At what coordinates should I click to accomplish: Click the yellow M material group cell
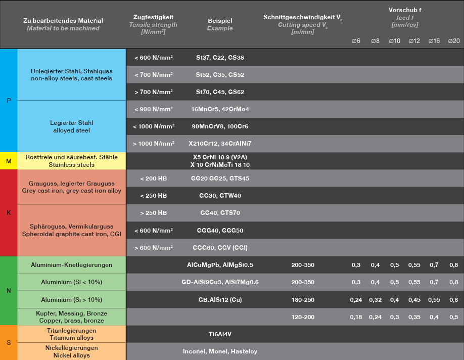9,161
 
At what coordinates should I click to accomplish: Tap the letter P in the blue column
9,101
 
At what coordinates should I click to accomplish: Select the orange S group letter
9,342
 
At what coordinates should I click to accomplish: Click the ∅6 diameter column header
356,40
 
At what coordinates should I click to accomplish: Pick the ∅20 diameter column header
453,40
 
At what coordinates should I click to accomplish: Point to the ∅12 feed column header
414,40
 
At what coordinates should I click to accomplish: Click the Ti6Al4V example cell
220,334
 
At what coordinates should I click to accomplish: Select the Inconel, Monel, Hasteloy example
220,351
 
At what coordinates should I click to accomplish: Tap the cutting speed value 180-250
303,300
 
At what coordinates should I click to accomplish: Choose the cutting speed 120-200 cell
303,317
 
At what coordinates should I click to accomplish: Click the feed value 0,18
356,317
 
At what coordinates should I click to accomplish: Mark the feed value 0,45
414,300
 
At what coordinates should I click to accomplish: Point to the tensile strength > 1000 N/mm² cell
154,144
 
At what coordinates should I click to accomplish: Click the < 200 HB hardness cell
154,178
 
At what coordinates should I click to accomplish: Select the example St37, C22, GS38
220,58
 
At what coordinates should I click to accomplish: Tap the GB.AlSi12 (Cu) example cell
220,300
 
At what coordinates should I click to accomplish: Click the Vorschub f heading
405,10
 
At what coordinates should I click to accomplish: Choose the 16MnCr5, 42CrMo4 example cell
220,109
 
